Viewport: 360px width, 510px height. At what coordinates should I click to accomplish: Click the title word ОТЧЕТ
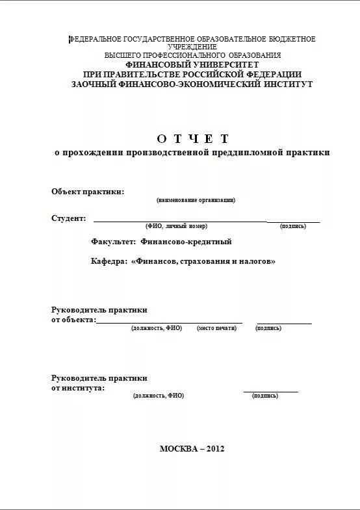point(193,138)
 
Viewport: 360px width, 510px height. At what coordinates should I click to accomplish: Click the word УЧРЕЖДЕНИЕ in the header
point(192,47)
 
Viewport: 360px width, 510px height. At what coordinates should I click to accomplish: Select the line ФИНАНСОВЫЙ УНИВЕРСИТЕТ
point(192,65)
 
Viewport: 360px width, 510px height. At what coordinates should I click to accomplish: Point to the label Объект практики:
point(88,191)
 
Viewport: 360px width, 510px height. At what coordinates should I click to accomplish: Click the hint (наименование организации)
point(196,200)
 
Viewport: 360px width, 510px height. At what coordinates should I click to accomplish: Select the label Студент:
point(69,218)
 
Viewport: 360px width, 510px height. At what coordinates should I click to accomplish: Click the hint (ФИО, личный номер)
point(176,226)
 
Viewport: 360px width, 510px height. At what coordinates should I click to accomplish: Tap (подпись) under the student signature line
point(293,226)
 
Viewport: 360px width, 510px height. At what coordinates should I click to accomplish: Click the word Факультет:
point(114,242)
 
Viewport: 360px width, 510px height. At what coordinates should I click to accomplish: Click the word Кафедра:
point(109,261)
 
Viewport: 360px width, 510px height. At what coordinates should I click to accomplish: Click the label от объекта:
point(73,320)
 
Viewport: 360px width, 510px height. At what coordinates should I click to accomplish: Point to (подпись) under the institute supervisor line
point(264,395)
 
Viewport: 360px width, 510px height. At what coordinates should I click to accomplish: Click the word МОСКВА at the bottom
point(179,448)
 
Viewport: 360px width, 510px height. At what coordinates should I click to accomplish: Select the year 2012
point(216,448)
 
